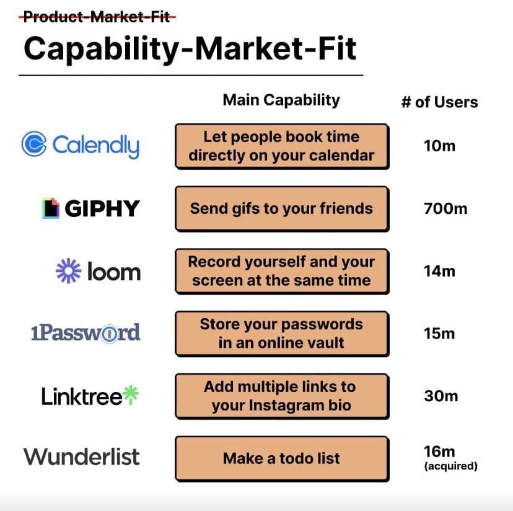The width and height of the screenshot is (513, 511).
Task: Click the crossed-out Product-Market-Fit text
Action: pyautogui.click(x=97, y=17)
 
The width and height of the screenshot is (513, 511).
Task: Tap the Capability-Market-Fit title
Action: pyautogui.click(x=190, y=49)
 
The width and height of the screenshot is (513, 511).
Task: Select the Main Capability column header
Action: pyautogui.click(x=281, y=100)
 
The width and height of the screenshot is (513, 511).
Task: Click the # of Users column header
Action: pyautogui.click(x=439, y=102)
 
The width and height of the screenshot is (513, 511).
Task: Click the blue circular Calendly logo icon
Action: pyautogui.click(x=34, y=144)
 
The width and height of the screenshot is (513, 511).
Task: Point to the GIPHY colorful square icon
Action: pyautogui.click(x=51, y=208)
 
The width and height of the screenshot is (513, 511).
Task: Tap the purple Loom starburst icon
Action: pyautogui.click(x=68, y=270)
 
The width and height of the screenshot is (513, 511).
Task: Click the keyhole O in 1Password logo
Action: pyautogui.click(x=109, y=334)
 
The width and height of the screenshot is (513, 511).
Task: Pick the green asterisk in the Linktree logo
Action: pyautogui.click(x=131, y=394)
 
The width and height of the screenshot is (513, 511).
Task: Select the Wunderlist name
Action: pyautogui.click(x=82, y=456)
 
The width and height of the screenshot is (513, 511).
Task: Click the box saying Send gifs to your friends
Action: pyautogui.click(x=282, y=208)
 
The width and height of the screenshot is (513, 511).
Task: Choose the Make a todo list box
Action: pyautogui.click(x=282, y=458)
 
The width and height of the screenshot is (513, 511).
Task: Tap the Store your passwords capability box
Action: pyautogui.click(x=282, y=334)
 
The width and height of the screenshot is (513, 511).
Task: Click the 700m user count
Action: pyautogui.click(x=445, y=208)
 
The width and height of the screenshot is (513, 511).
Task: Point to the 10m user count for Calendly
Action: pyautogui.click(x=439, y=146)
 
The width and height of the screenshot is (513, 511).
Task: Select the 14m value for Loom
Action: pyautogui.click(x=439, y=271)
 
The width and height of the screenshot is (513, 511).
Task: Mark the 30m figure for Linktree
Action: pyautogui.click(x=441, y=396)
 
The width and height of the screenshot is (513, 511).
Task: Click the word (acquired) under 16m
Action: pyautogui.click(x=451, y=466)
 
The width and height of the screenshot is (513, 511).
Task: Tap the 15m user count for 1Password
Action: pyautogui.click(x=439, y=334)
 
